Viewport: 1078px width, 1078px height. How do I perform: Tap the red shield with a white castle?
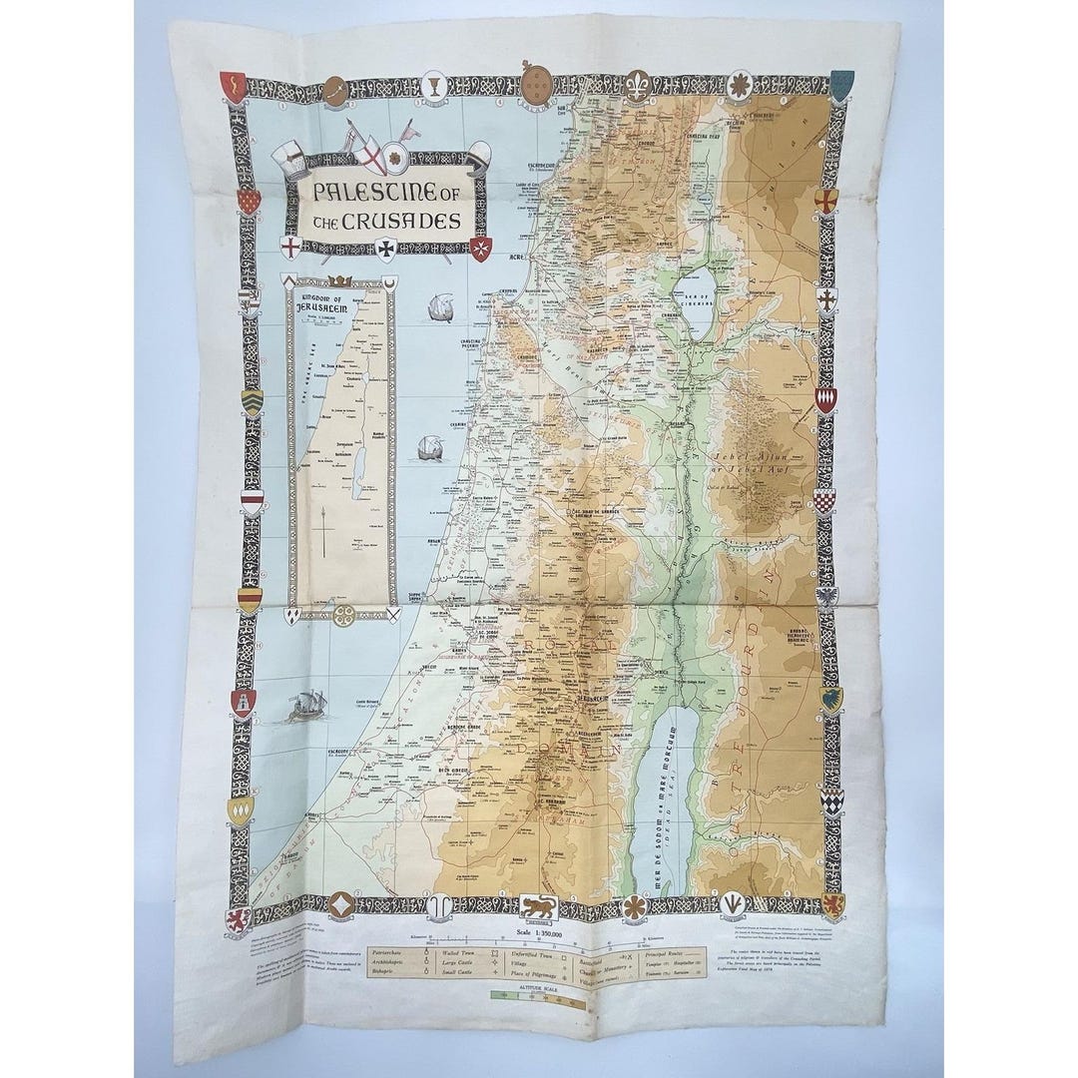[x=244, y=703]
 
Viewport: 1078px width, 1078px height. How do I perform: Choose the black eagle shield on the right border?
[x=826, y=597]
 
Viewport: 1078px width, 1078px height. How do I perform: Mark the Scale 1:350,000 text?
[x=539, y=936]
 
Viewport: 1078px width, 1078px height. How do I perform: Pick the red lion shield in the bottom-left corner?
[x=238, y=918]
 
